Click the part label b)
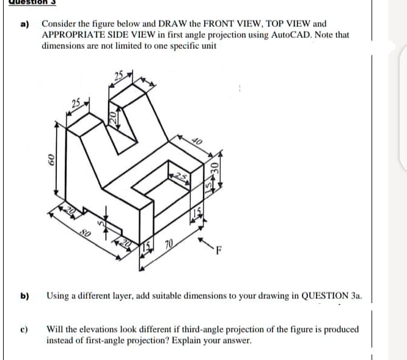click(x=25, y=296)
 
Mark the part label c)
click(x=25, y=329)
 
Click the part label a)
click(x=25, y=24)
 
